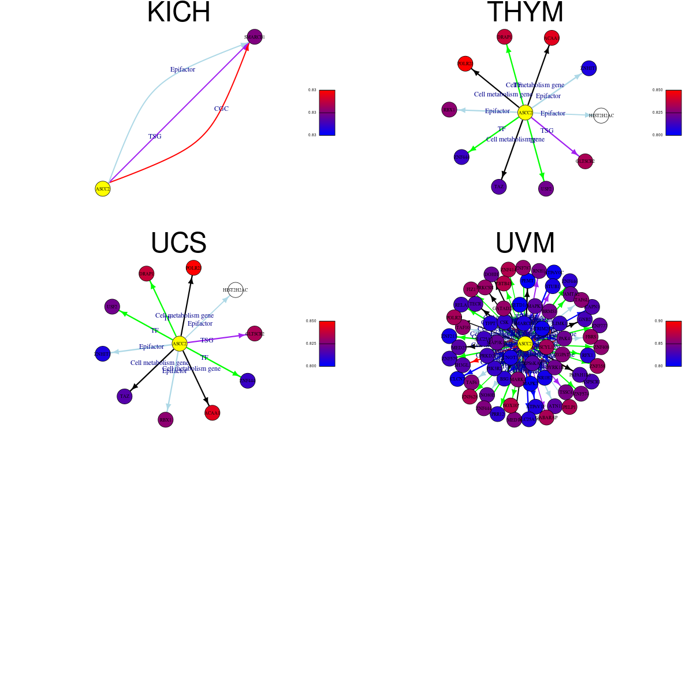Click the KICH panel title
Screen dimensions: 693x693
coord(178,13)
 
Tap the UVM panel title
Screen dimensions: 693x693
coord(525,243)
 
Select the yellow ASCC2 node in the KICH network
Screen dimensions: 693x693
coord(103,189)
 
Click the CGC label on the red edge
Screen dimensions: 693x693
coord(221,109)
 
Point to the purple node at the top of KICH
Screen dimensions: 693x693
coord(255,37)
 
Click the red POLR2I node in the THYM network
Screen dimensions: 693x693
coord(465,64)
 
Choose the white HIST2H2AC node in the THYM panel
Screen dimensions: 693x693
coord(601,115)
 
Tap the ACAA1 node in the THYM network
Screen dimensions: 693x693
coord(552,38)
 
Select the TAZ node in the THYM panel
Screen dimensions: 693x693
coord(499,187)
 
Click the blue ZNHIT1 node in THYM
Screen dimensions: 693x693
coord(588,68)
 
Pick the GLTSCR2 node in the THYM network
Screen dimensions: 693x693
coord(585,161)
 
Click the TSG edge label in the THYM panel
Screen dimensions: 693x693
coord(547,131)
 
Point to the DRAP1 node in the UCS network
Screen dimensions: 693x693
coord(147,274)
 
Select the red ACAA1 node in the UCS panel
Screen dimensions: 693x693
coord(213,413)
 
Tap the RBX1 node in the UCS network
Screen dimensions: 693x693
coord(166,420)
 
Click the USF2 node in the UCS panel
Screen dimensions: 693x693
coord(112,307)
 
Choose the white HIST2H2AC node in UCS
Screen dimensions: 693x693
coord(235,290)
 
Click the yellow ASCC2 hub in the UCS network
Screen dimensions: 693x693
coord(180,344)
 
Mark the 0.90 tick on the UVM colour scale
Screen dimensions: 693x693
coord(658,321)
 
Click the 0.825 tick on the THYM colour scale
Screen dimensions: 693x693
coord(657,113)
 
